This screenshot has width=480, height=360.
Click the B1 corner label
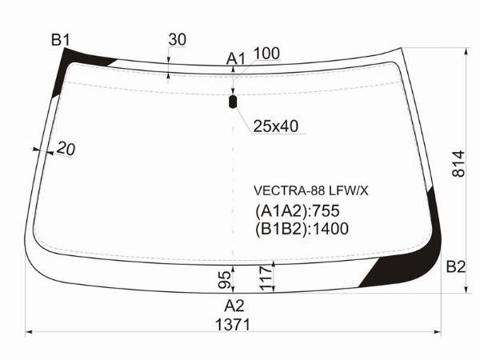pos(61,40)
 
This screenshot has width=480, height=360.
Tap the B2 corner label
pos(455,267)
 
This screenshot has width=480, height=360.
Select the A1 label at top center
pos(236,58)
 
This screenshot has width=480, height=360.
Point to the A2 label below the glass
pos(234,306)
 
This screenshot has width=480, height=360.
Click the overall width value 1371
pos(233,325)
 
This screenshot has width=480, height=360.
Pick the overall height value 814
pos(458,164)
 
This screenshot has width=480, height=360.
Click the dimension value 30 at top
pos(178,40)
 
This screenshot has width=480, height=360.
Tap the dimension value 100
pos(266,54)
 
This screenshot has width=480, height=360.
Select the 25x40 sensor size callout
pos(275,126)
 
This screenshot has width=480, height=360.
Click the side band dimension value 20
pos(66,149)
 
